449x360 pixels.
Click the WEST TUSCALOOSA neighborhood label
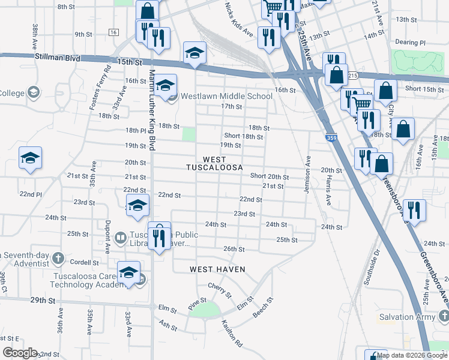pyautogui.click(x=214, y=163)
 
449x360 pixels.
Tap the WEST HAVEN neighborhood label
pyautogui.click(x=217, y=269)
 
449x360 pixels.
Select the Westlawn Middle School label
pyautogui.click(x=226, y=96)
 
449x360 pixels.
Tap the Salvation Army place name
pyautogui.click(x=405, y=317)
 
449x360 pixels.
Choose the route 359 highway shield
pyautogui.click(x=331, y=139)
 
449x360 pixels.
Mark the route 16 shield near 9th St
pyautogui.click(x=113, y=31)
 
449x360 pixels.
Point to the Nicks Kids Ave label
pyautogui.click(x=239, y=19)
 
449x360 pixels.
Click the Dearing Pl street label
pyautogui.click(x=410, y=43)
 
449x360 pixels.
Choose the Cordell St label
pyautogui.click(x=84, y=263)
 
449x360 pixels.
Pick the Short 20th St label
pyautogui.click(x=269, y=176)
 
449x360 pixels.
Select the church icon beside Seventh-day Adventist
pyautogui.click(x=58, y=258)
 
